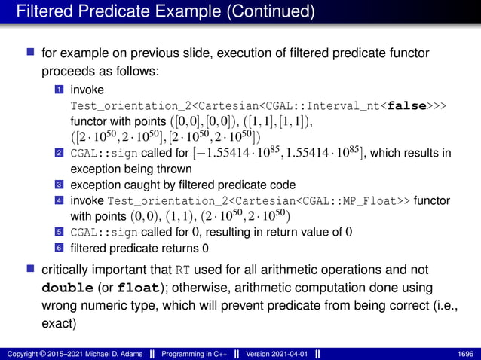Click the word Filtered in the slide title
[x=46, y=13]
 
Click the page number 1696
[x=466, y=352]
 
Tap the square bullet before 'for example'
[x=29, y=54]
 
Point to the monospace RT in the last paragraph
[x=182, y=271]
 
